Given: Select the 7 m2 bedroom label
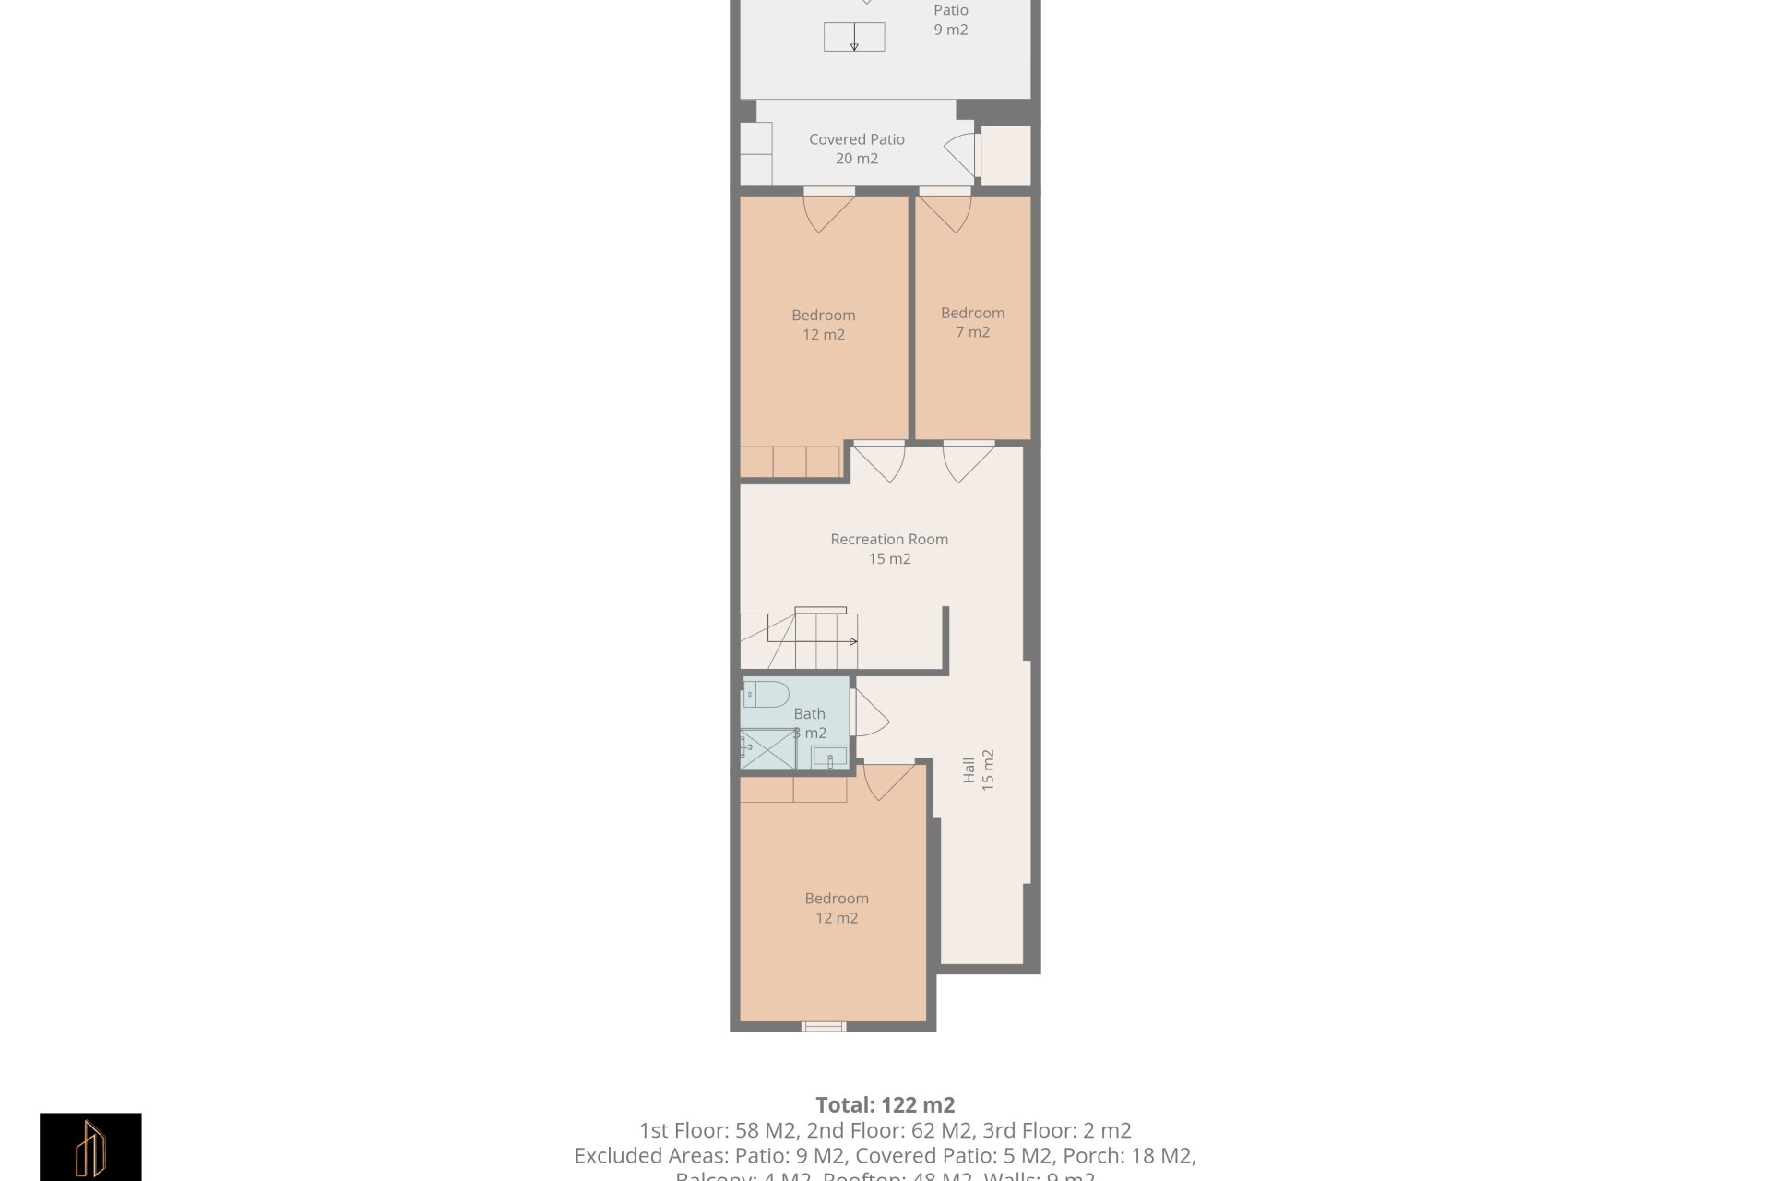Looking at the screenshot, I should coord(972,322).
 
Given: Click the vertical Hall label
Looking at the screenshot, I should coord(978,769).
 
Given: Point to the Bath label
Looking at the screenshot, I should coord(809,713).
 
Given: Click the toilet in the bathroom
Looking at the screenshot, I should coord(767,694).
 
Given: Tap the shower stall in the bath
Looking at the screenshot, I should coord(767,749).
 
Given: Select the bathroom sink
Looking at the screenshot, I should coord(829,758).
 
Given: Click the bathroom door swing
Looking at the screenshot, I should coord(869,713).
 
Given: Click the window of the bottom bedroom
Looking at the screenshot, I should coord(824,1026).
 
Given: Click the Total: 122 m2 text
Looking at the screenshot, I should coord(885,1104).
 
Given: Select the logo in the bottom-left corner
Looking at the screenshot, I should coord(90,1147).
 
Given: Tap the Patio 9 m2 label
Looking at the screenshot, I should coord(950,19).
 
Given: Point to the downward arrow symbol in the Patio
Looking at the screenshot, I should coord(854,38).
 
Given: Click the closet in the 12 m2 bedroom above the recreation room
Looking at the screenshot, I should coord(790,461).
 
